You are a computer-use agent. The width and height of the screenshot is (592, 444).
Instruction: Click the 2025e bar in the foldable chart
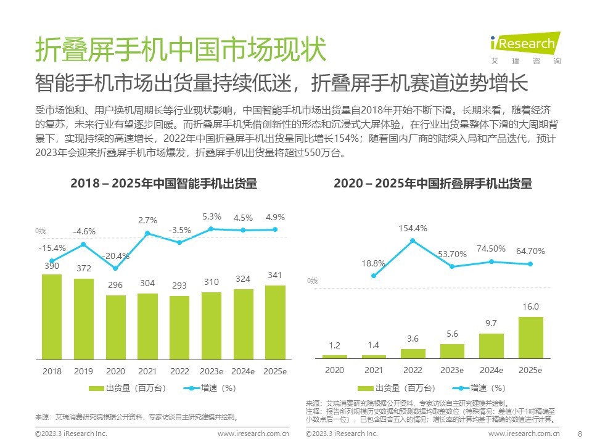coord(531,337)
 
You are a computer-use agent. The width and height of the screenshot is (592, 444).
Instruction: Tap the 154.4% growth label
coord(413,229)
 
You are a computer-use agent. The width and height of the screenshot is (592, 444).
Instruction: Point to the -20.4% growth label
coord(116,256)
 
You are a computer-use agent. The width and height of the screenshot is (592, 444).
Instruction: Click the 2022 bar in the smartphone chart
coord(179,327)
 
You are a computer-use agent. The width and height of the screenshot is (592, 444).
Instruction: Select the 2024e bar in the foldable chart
coord(491,346)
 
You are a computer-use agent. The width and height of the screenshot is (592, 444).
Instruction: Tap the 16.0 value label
coord(531,306)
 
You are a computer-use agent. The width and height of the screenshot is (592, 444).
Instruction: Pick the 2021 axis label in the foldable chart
coord(374,370)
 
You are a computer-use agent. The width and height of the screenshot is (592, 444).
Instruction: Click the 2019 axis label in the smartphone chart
coord(84,371)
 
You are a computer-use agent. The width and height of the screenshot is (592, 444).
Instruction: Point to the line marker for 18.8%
coord(374,276)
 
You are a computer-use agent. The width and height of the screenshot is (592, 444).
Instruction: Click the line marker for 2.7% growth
coord(147,233)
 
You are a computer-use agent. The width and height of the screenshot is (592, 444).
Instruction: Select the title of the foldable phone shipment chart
coord(432,183)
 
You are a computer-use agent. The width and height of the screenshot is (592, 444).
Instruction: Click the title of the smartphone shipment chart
coord(163,183)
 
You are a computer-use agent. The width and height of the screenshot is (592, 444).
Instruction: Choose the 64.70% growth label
coord(531,252)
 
